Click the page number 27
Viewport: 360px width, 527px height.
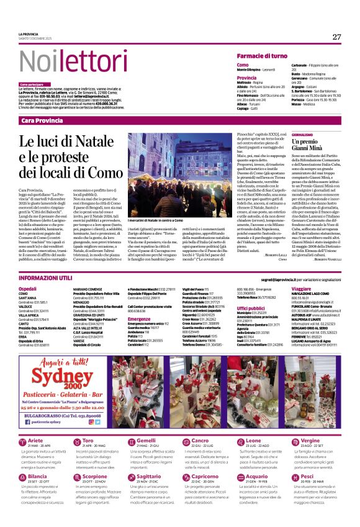(336, 37)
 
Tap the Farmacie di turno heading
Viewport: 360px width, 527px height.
(262, 56)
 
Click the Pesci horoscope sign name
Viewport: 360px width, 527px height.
(307, 476)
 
